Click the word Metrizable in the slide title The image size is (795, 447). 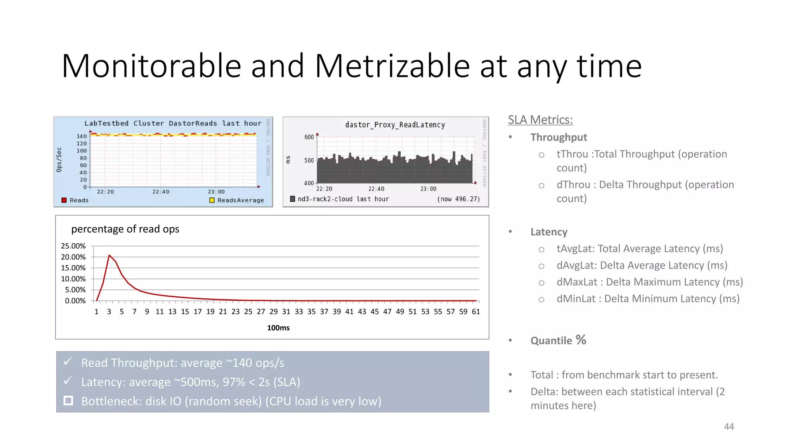pos(392,66)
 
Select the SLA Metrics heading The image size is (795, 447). pos(540,120)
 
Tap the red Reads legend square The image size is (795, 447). pos(64,200)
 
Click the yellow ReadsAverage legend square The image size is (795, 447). pos(212,200)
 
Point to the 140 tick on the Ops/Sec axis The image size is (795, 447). pos(82,136)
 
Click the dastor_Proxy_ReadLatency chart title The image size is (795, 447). pos(395,125)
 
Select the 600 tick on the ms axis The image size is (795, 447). pos(309,137)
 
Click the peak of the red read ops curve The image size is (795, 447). pos(109,255)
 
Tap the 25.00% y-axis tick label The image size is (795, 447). pos(73,246)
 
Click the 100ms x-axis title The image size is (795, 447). pos(278,328)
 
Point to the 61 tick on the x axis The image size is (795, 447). pos(476,312)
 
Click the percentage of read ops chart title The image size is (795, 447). pos(125,229)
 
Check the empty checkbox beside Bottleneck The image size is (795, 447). pos(68,400)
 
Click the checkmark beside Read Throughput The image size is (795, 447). pos(68,362)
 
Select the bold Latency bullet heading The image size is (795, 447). pos(549,232)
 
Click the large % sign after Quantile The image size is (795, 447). pos(581,340)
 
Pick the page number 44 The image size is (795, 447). pos(729,426)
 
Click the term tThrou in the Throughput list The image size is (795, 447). pos(572,154)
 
